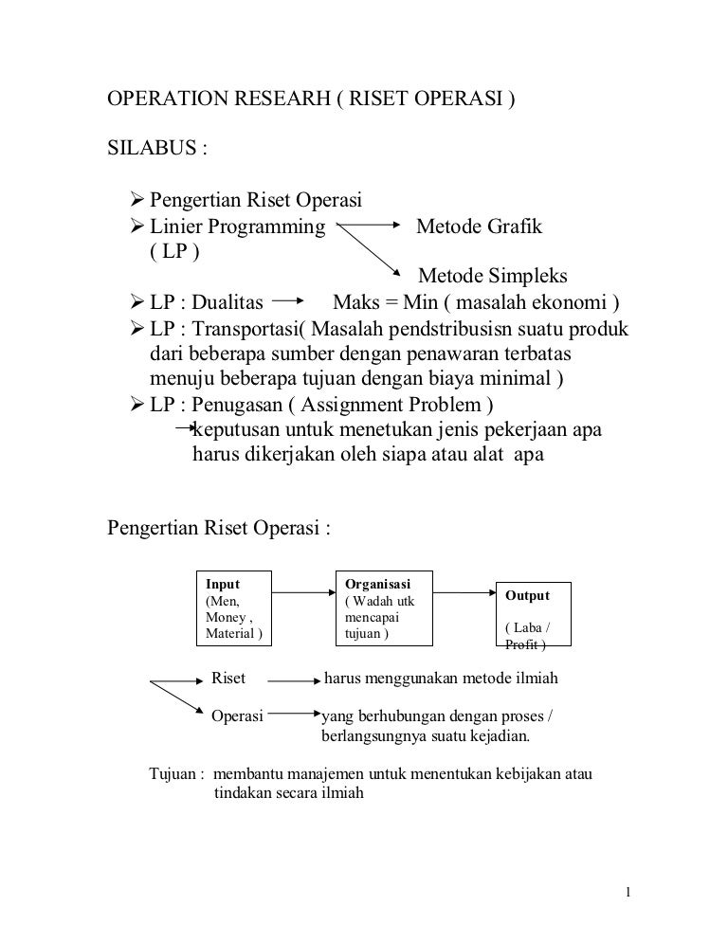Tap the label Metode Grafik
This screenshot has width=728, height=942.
click(480, 227)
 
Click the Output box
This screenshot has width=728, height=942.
click(534, 614)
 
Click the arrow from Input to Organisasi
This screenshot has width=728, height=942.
click(303, 594)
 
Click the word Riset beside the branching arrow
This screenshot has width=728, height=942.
click(228, 679)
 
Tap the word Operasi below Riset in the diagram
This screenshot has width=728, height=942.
click(236, 716)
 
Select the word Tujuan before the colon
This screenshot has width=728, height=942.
click(174, 773)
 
